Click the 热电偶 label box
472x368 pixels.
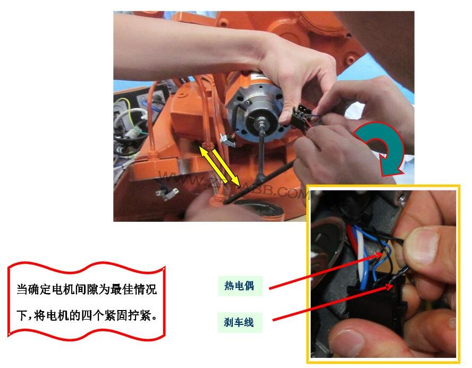pyautogui.click(x=239, y=286)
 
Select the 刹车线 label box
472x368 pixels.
pyautogui.click(x=239, y=322)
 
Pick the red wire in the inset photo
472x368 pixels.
pyautogui.click(x=348, y=234)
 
